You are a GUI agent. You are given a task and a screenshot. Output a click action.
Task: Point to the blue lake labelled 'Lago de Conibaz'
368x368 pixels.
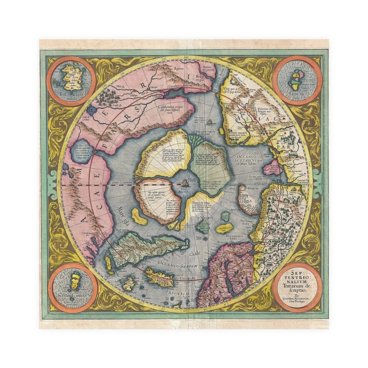(91, 111)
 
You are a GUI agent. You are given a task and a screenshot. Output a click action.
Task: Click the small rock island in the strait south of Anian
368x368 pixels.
(210, 122)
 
